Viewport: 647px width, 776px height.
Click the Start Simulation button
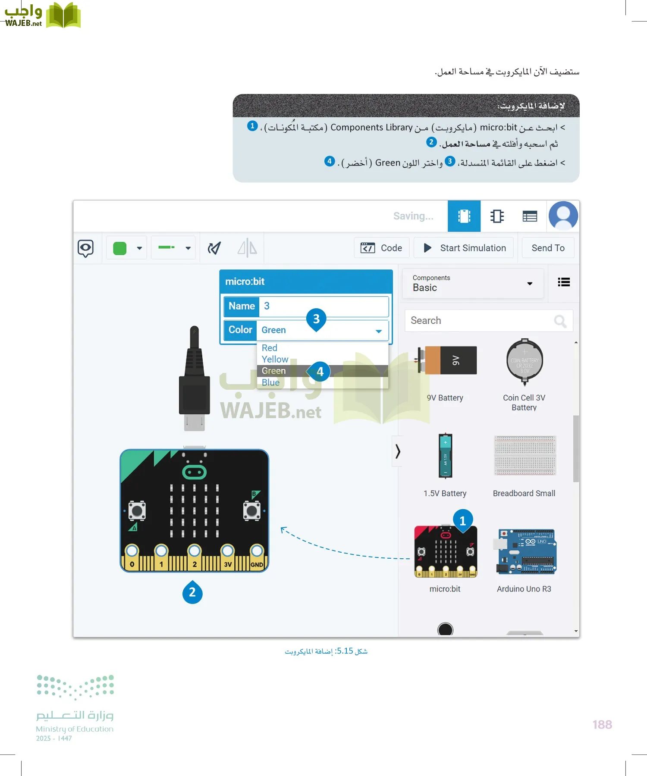click(464, 248)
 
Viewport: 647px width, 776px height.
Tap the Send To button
click(548, 248)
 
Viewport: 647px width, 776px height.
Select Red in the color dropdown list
click(270, 348)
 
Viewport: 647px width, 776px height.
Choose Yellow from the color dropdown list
click(275, 359)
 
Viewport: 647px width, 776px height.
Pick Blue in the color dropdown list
click(270, 382)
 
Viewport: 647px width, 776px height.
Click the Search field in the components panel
click(479, 321)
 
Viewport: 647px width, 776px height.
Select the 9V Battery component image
click(446, 360)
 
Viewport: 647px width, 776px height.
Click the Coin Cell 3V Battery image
click(525, 361)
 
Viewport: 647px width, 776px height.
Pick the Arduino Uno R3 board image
click(526, 552)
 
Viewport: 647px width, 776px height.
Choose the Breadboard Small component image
click(525, 455)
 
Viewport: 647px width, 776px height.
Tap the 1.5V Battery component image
click(445, 456)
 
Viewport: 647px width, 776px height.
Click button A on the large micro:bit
click(137, 511)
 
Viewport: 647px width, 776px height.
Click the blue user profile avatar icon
click(563, 216)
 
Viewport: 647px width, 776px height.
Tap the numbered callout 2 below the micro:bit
click(192, 593)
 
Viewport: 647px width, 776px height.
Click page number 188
click(602, 725)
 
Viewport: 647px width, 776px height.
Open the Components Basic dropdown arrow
click(530, 283)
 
